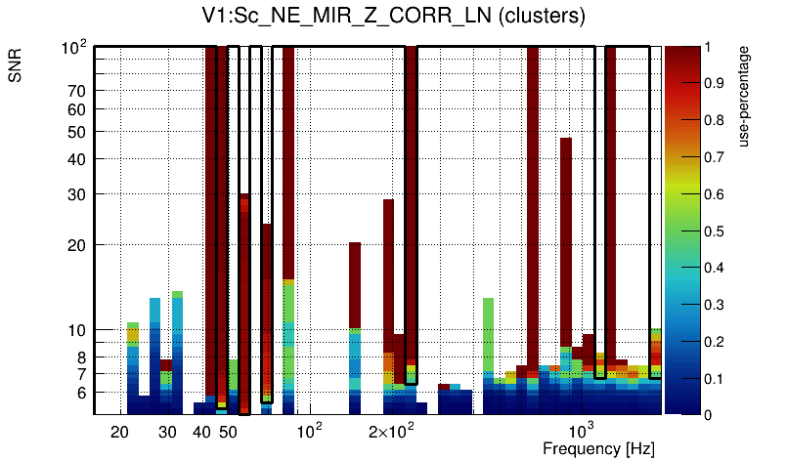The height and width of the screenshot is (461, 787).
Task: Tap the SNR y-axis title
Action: coord(16,67)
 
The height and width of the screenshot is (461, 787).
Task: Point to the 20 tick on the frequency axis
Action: coord(120,433)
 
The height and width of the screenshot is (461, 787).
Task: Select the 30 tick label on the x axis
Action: coord(168,433)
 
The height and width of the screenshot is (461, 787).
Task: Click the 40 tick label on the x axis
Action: coord(202,433)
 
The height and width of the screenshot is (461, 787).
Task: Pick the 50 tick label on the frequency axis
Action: coord(228,433)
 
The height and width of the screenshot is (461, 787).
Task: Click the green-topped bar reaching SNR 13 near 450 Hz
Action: coord(488,337)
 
